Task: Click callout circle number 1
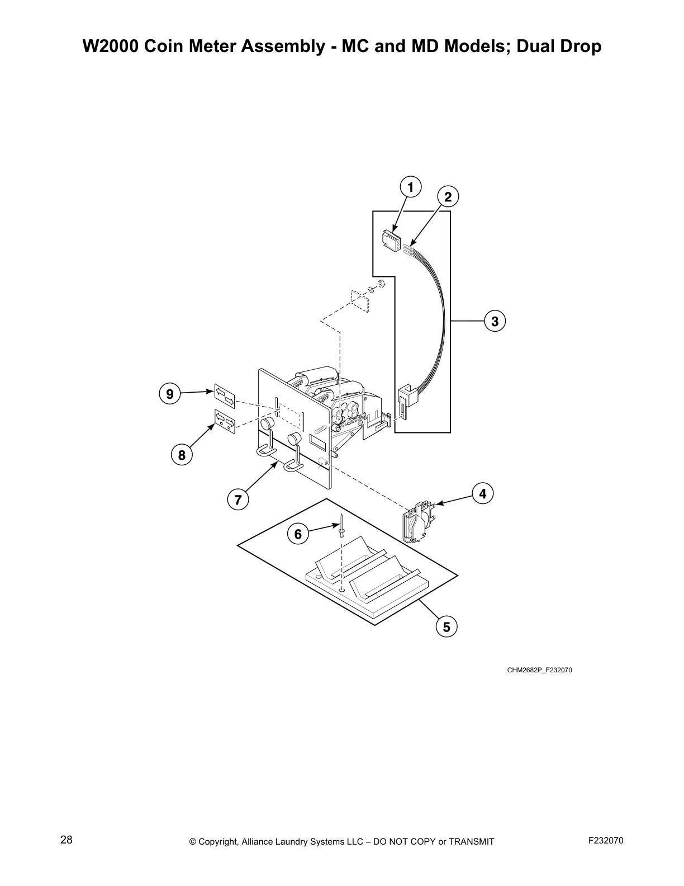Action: [410, 187]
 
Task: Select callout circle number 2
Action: [448, 196]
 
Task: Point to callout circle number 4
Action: [483, 493]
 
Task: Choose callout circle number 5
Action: [446, 627]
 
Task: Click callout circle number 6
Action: [298, 534]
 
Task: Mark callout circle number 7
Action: [238, 499]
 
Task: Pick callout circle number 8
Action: [182, 455]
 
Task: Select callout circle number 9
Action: [169, 394]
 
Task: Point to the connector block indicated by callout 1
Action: [391, 240]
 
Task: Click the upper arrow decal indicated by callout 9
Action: [225, 395]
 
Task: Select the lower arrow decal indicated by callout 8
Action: [225, 420]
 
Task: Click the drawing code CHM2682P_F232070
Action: [539, 670]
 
